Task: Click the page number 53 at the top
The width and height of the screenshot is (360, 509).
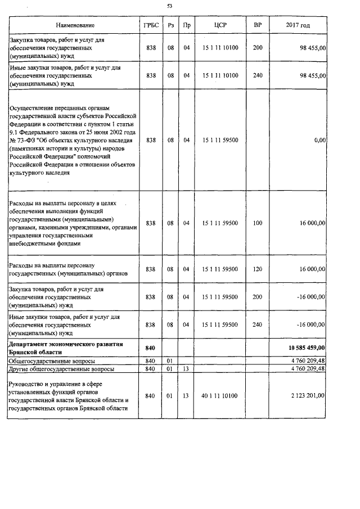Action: tap(170, 6)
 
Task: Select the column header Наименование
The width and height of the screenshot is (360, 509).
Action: tap(75, 25)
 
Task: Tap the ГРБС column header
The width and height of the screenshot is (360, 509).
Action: tap(151, 25)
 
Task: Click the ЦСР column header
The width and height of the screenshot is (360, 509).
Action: tap(220, 25)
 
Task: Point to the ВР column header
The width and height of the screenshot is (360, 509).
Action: tap(258, 25)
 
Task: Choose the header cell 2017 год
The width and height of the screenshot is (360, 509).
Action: tap(298, 25)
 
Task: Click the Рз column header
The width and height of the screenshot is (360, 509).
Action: tap(171, 25)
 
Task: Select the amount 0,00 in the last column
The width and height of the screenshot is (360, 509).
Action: tap(319, 140)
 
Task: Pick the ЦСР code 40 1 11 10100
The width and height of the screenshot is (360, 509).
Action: tap(220, 396)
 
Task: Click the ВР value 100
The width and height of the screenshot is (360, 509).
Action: tap(258, 223)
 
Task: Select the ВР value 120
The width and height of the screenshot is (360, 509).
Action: tap(258, 269)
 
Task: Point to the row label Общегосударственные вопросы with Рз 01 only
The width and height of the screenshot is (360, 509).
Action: tap(52, 361)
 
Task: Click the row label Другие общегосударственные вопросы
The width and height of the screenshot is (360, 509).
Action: tap(62, 370)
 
